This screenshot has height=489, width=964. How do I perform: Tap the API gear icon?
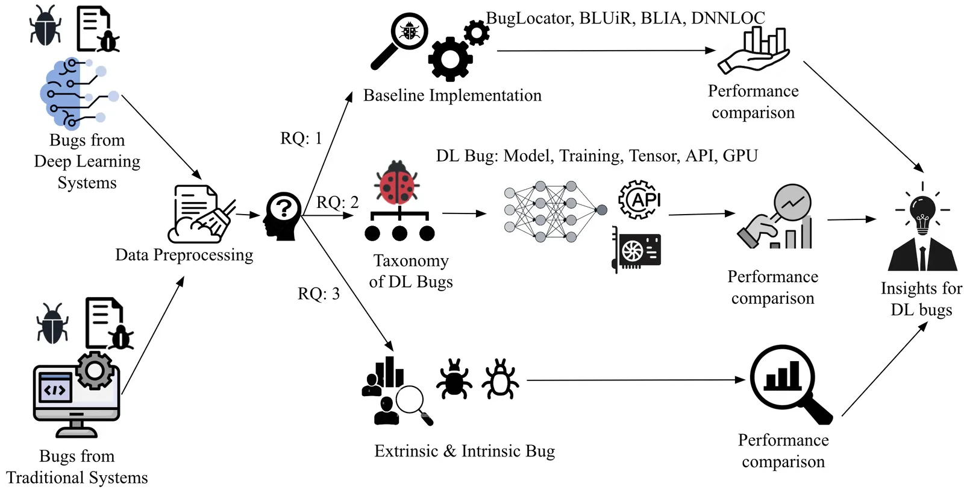(x=640, y=199)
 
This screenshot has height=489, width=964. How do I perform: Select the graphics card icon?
(x=637, y=249)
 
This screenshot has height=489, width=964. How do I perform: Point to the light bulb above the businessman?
(x=922, y=214)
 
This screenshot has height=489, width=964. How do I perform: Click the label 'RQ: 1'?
(x=301, y=139)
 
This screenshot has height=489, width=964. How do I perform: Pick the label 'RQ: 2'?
(x=337, y=202)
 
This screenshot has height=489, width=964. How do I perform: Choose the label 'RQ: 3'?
(x=319, y=294)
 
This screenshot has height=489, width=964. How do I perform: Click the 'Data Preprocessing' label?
(x=184, y=255)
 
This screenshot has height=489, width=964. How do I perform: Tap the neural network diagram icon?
(x=554, y=211)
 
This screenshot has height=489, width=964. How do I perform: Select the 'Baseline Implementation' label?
(x=452, y=95)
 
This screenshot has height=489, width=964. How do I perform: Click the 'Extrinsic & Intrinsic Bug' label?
(x=465, y=451)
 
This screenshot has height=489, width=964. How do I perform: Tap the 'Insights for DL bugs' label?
(x=921, y=299)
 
